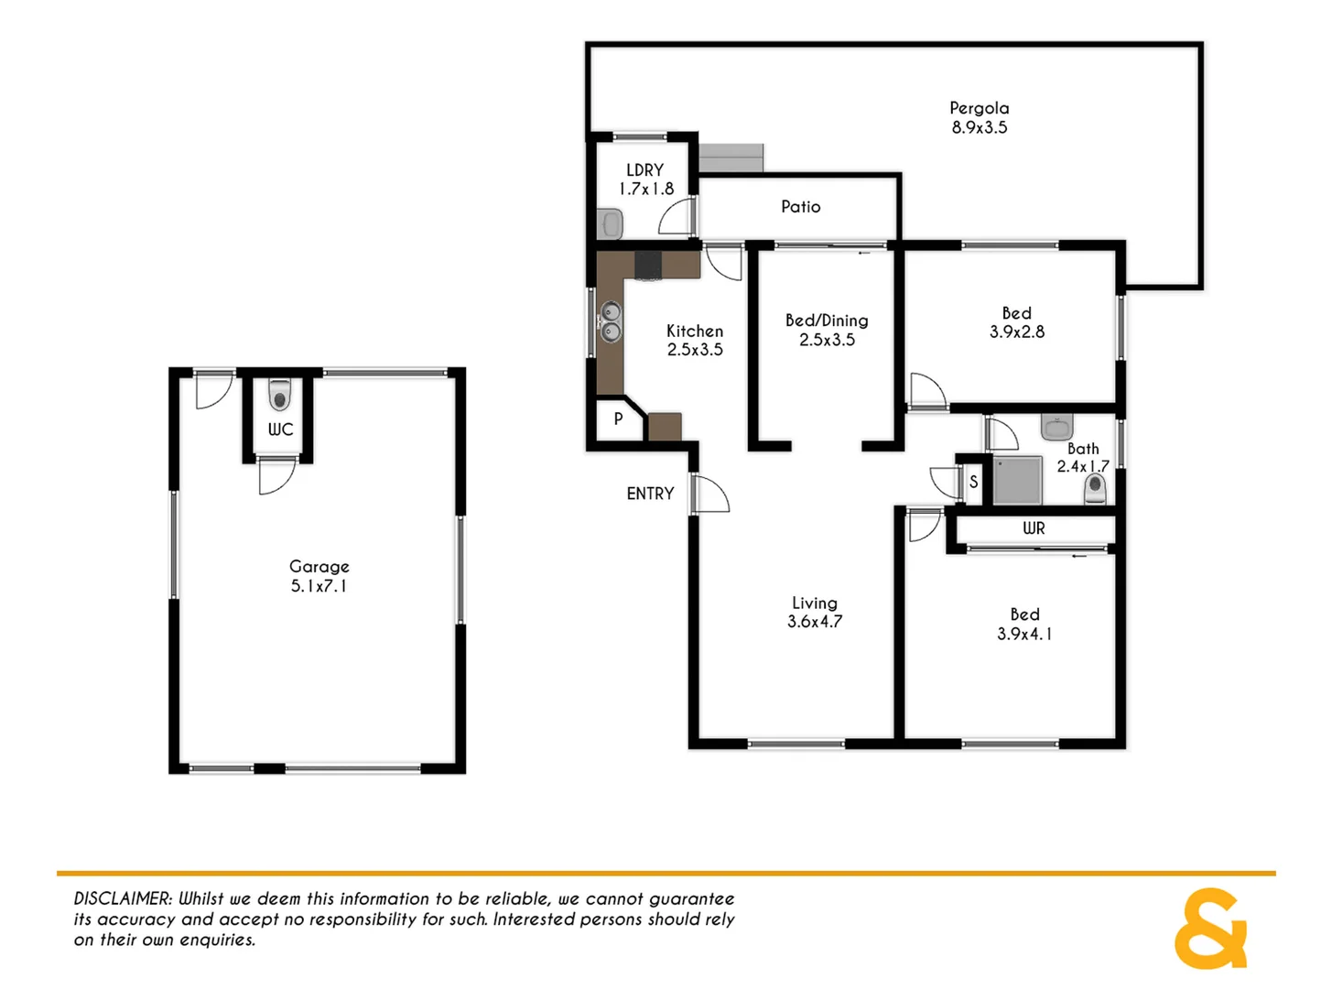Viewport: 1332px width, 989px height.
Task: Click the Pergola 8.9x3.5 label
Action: [x=979, y=118]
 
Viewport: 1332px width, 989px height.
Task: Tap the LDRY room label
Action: [x=645, y=179]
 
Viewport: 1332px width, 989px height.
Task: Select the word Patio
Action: [x=800, y=207]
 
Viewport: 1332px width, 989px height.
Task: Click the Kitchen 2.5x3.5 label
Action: [x=694, y=340]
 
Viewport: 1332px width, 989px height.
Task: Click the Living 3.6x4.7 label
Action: [x=814, y=612]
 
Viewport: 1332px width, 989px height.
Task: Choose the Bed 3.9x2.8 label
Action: [x=1016, y=322]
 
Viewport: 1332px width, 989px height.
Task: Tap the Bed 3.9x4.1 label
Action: [x=1024, y=624]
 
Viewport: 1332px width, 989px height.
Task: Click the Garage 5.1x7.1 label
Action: [x=319, y=576]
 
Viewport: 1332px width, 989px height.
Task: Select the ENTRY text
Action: [x=650, y=494]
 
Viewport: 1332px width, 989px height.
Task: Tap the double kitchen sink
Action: [x=611, y=322]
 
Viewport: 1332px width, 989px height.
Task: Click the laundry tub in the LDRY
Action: [x=611, y=223]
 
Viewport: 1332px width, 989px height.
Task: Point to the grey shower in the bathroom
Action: [x=1017, y=481]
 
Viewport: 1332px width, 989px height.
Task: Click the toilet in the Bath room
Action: [x=1095, y=489]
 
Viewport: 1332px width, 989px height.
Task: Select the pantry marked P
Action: [x=618, y=418]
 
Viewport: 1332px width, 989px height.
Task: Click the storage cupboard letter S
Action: [x=973, y=482]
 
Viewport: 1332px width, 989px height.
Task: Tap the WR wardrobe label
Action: [x=1033, y=528]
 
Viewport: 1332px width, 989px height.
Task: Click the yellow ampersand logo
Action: [x=1209, y=929]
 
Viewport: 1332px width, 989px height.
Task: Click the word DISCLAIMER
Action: [x=123, y=899]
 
